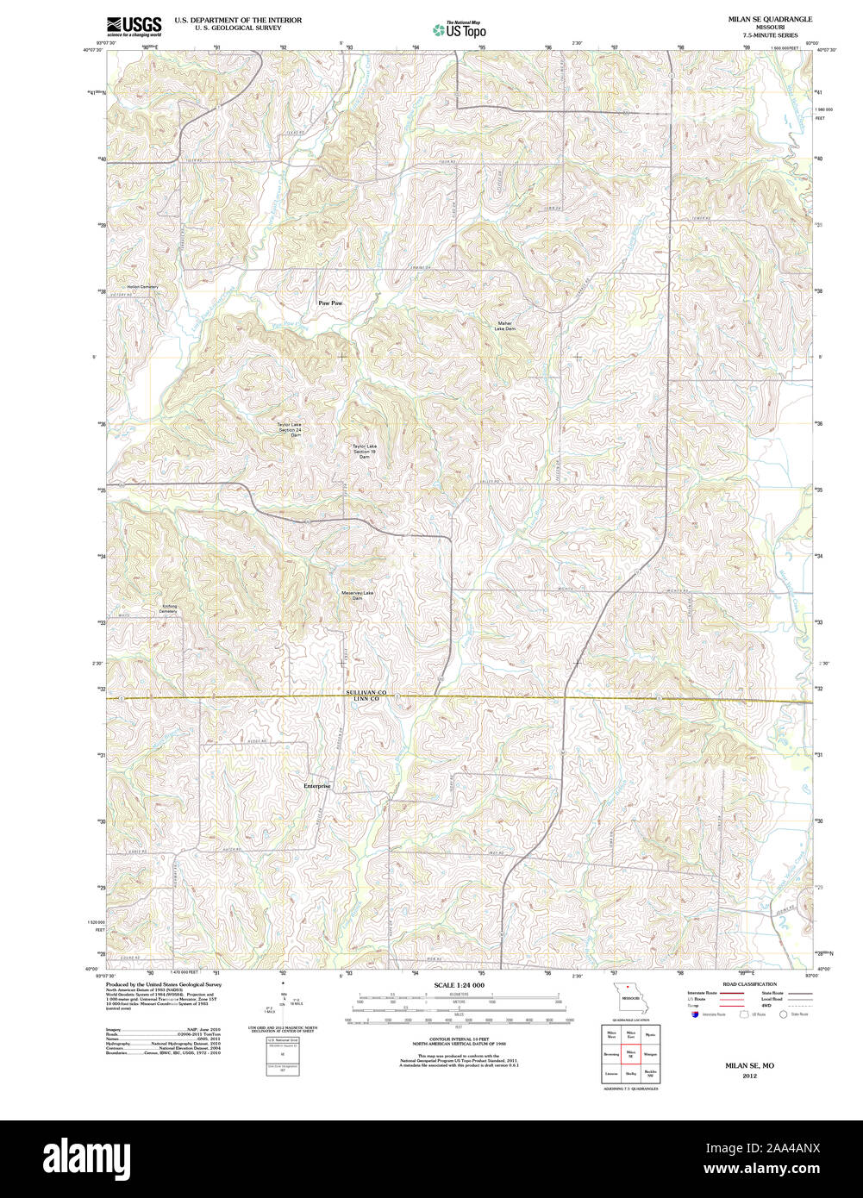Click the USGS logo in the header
134,25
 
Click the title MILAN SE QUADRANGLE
769,19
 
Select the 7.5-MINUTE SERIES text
769,35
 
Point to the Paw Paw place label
330,303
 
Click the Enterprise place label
317,786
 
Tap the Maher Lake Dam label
505,327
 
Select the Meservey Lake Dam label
357,595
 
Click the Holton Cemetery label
142,286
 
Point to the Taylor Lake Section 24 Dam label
290,428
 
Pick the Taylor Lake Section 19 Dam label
364,451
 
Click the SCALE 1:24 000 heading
459,985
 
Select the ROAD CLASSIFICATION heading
749,983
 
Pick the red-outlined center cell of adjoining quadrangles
629,1053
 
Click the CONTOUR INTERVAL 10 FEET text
459,1039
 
